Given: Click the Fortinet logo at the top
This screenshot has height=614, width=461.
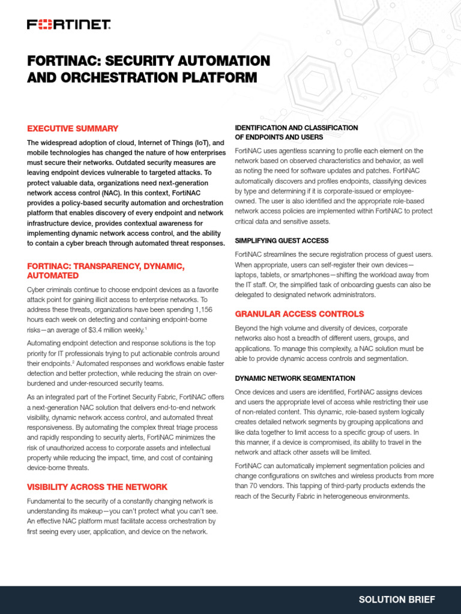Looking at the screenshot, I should click(x=68, y=25).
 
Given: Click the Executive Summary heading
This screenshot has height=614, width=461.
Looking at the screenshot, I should click(x=73, y=128).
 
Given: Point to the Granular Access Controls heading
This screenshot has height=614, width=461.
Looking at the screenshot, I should click(x=299, y=314).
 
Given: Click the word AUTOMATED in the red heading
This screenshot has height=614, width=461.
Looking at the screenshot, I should click(x=53, y=275).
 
